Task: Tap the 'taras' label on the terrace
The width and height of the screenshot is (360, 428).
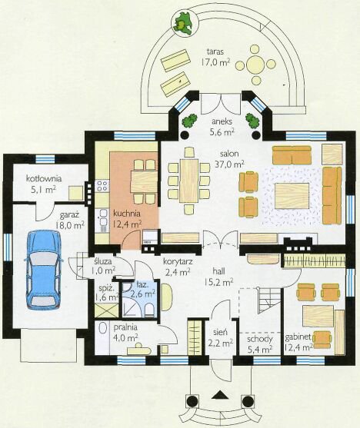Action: [215, 51]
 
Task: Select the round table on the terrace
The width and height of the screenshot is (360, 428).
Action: [255, 65]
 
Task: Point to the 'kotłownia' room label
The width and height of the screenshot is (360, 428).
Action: [44, 178]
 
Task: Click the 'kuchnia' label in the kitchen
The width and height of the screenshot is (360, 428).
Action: [127, 213]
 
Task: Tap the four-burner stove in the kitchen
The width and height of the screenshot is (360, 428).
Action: [102, 186]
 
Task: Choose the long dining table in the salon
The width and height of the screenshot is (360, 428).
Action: [189, 181]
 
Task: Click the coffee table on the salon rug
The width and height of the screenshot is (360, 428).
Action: [292, 196]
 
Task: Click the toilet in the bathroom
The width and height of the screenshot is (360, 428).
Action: [149, 311]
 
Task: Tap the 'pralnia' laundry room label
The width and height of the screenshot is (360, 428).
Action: [125, 327]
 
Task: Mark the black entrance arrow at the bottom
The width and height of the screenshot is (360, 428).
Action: [218, 394]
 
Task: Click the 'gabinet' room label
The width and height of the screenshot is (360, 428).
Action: [298, 337]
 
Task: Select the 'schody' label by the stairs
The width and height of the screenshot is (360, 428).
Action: [260, 340]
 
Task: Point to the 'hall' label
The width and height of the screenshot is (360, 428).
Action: [218, 270]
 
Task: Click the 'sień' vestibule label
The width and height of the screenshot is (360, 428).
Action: [220, 332]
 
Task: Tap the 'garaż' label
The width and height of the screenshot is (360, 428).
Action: [69, 215]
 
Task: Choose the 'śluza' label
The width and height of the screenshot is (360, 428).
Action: [102, 261]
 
